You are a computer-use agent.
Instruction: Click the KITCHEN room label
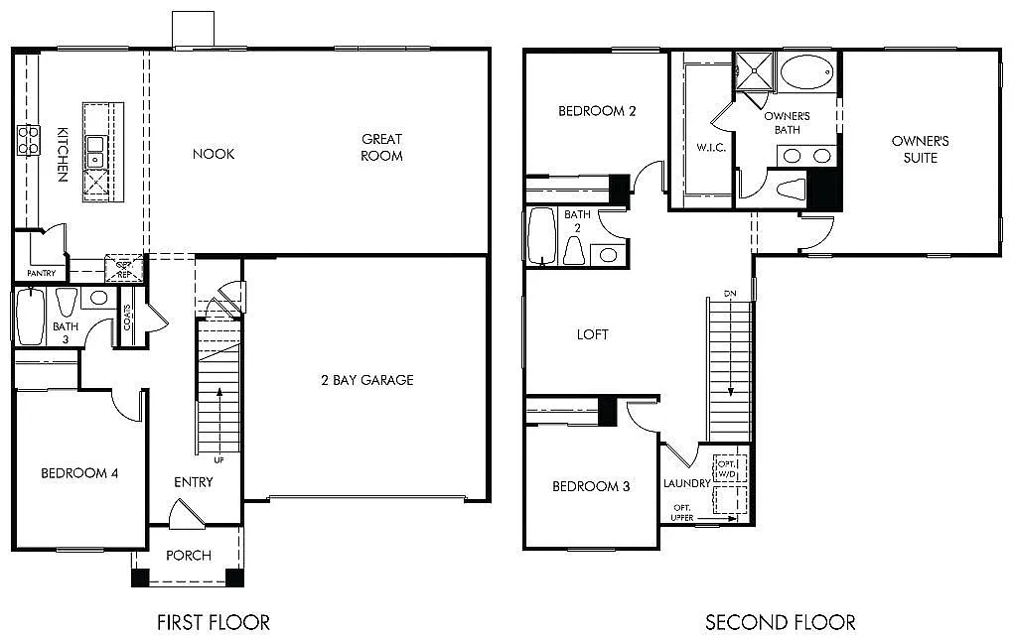tap(62, 154)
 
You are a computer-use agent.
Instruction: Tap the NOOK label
tap(214, 154)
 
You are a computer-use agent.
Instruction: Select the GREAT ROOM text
tap(381, 147)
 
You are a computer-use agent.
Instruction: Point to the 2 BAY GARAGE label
tap(366, 380)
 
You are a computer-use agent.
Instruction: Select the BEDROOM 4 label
tap(79, 473)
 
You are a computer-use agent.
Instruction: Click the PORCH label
tap(188, 555)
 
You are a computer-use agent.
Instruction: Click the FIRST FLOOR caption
tap(214, 622)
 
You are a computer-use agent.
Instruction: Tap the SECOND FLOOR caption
tap(780, 622)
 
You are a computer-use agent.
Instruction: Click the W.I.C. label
tap(711, 147)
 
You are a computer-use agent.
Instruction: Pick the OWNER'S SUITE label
tap(920, 149)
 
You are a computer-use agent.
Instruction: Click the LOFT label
tap(592, 334)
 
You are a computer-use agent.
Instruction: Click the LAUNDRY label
tap(687, 483)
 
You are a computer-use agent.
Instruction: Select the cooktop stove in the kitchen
tap(27, 139)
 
